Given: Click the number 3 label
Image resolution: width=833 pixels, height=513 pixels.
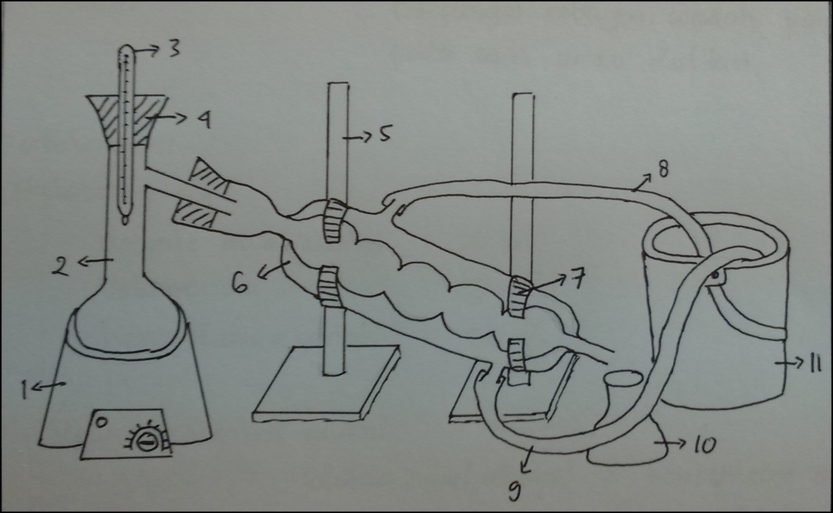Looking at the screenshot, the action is [x=174, y=49].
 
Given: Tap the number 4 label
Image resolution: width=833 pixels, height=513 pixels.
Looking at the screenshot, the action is [x=203, y=120].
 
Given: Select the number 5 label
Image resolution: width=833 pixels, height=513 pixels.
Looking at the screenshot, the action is [x=385, y=135].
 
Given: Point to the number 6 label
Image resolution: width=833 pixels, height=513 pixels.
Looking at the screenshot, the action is [x=240, y=283].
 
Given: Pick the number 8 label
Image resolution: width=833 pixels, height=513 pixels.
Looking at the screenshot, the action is [x=663, y=169].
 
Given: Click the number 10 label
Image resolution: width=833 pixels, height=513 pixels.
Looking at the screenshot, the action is [x=704, y=444].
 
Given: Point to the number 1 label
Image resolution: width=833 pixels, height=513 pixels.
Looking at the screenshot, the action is [x=25, y=390].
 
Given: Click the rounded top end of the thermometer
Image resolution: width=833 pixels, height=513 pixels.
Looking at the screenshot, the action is [x=126, y=49].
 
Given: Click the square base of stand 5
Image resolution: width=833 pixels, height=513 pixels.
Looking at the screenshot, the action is [x=326, y=384].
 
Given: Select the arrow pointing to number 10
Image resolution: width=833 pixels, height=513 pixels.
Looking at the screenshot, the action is [x=670, y=442].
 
